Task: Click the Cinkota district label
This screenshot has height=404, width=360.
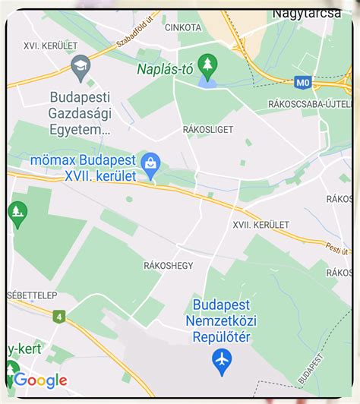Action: pyautogui.click(x=182, y=27)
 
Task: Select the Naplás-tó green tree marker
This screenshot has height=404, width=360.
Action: pyautogui.click(x=206, y=64)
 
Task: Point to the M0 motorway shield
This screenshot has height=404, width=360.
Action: pyautogui.click(x=304, y=81)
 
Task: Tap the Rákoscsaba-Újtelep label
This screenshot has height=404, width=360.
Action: pyautogui.click(x=310, y=103)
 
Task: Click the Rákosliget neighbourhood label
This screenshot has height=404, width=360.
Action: pyautogui.click(x=207, y=130)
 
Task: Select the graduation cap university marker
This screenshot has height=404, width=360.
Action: pyautogui.click(x=80, y=68)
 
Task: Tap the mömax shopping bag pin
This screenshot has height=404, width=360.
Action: pyautogui.click(x=151, y=163)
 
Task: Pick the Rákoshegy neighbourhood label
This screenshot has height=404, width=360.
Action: pyautogui.click(x=168, y=265)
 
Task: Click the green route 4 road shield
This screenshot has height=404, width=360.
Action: pyautogui.click(x=59, y=316)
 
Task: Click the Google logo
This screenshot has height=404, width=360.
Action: pyautogui.click(x=41, y=380)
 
